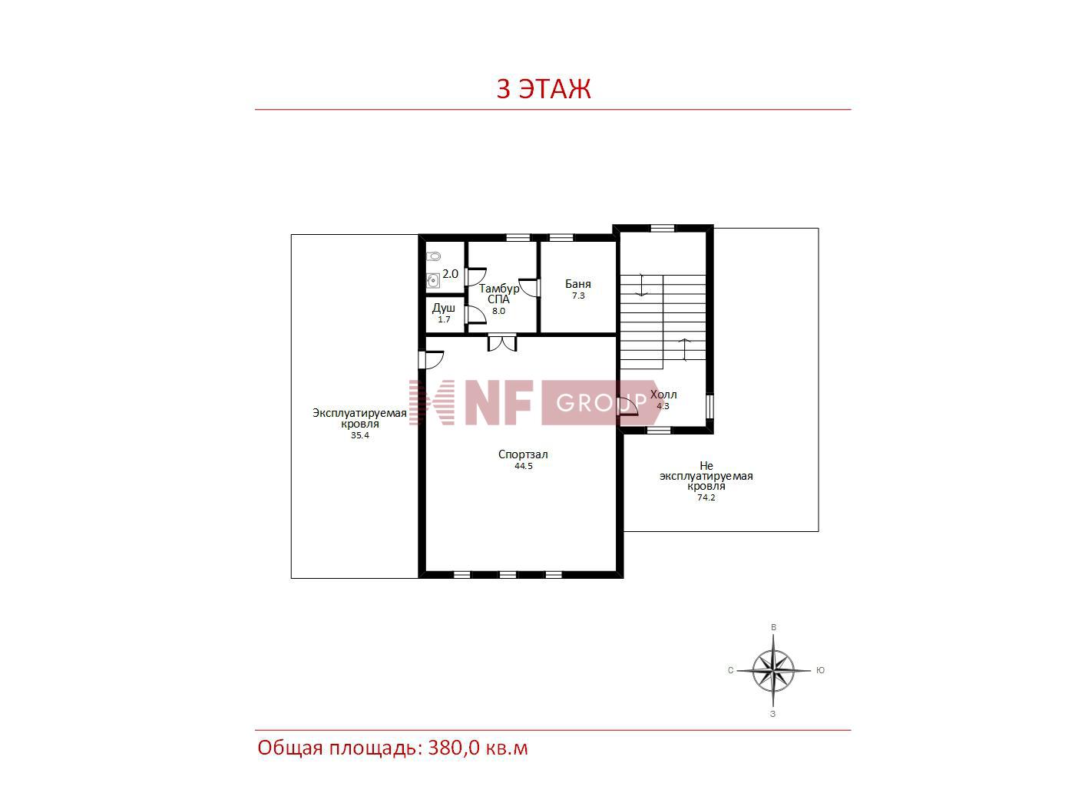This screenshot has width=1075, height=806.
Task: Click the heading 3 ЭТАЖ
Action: (544, 89)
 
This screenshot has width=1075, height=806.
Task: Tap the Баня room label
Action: (578, 284)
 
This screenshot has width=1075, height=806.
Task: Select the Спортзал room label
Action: (523, 454)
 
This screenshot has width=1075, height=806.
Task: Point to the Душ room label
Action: (444, 309)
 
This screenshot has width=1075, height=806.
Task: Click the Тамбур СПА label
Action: (499, 294)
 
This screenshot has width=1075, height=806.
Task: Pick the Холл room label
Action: (663, 395)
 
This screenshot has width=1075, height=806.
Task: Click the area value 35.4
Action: (360, 435)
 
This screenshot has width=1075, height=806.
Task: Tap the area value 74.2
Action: (706, 497)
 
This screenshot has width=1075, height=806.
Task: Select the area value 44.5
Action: (524, 467)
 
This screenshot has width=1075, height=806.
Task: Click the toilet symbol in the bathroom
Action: (433, 256)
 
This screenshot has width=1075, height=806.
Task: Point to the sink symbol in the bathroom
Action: (433, 280)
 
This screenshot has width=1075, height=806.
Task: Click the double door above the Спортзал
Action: (502, 342)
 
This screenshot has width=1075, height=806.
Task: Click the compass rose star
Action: (773, 670)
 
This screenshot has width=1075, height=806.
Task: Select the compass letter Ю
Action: (820, 670)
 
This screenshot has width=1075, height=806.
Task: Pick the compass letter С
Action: (731, 670)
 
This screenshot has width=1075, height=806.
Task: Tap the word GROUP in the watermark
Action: (601, 403)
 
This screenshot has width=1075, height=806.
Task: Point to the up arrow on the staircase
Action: (685, 349)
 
